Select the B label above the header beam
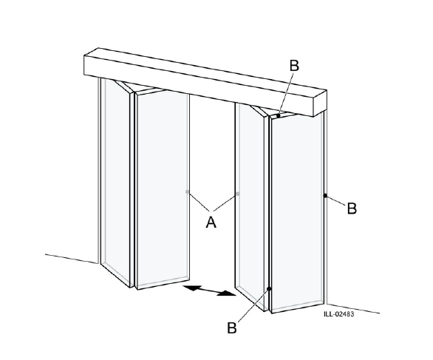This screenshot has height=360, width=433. click(x=294, y=66)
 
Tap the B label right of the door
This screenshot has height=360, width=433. click(x=352, y=208)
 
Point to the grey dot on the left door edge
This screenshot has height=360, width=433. click(x=188, y=192)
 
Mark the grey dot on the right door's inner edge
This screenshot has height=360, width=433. click(x=237, y=194)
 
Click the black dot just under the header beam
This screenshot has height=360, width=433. click(x=279, y=115)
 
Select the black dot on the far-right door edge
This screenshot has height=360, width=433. click(x=325, y=196)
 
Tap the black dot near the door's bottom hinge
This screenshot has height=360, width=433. click(x=270, y=288)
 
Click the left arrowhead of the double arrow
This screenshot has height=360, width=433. click(x=188, y=287)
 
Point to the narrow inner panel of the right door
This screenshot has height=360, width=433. click(x=251, y=200)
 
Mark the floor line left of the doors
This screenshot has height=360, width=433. click(x=70, y=257)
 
